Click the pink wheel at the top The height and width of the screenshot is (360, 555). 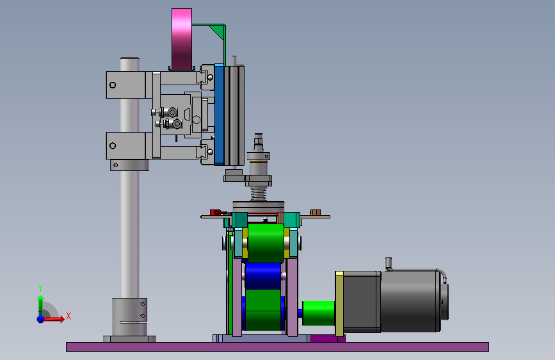[182, 39]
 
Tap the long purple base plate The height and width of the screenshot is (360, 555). [278, 347]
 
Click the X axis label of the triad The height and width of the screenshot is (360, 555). [68, 316]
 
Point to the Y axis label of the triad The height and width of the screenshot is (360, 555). [40, 288]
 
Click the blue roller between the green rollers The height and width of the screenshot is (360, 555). [262, 276]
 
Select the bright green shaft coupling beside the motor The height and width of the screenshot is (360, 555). [319, 313]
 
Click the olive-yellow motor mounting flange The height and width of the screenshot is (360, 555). [339, 304]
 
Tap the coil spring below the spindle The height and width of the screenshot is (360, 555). [259, 193]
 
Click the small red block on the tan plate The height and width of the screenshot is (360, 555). [215, 212]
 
